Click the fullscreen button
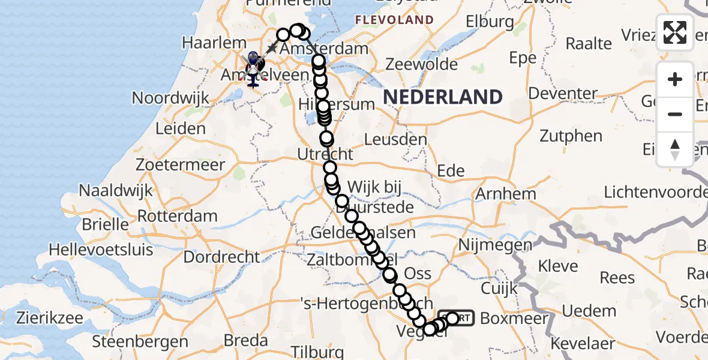tap(675, 32)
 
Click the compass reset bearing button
tap(675, 149)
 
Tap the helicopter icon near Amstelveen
tap(253, 68)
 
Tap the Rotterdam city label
tap(178, 216)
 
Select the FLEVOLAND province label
tap(394, 20)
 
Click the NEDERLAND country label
tap(443, 97)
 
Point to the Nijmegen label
tap(495, 245)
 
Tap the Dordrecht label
tap(222, 257)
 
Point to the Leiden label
tap(181, 128)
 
